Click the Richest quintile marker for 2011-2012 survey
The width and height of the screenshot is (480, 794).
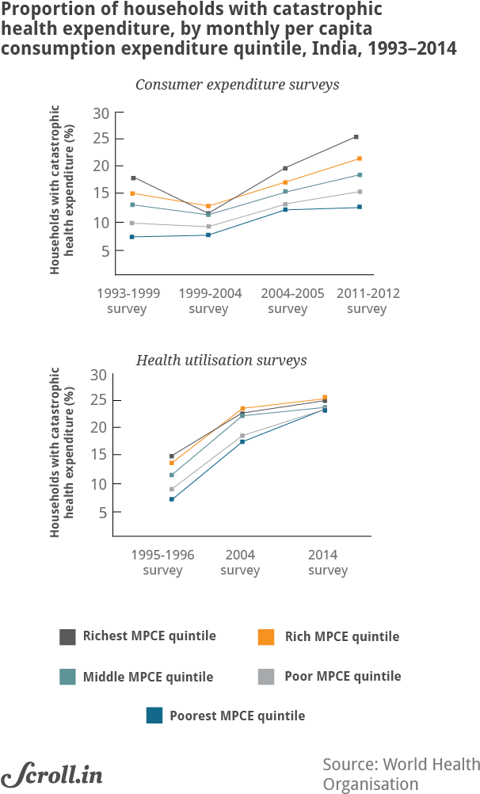tap(356, 137)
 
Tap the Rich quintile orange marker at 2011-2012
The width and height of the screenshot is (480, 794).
tap(360, 158)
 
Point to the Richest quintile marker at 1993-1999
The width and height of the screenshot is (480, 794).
tap(133, 178)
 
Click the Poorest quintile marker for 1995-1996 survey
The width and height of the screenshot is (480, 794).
tap(172, 499)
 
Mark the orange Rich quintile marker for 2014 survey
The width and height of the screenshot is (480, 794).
tap(324, 398)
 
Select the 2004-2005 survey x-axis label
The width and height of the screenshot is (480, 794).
tap(287, 301)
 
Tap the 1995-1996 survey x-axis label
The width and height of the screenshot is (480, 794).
tap(162, 562)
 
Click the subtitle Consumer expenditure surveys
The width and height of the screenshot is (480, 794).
tap(238, 85)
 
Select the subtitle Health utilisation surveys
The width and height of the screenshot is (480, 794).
tap(222, 361)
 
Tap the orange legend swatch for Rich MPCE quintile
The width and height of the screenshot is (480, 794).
tap(267, 637)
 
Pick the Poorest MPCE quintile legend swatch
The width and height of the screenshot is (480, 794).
tap(154, 716)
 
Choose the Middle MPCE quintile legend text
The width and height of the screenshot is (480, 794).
tap(148, 677)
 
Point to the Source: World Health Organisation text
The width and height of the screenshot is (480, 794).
tap(401, 774)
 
